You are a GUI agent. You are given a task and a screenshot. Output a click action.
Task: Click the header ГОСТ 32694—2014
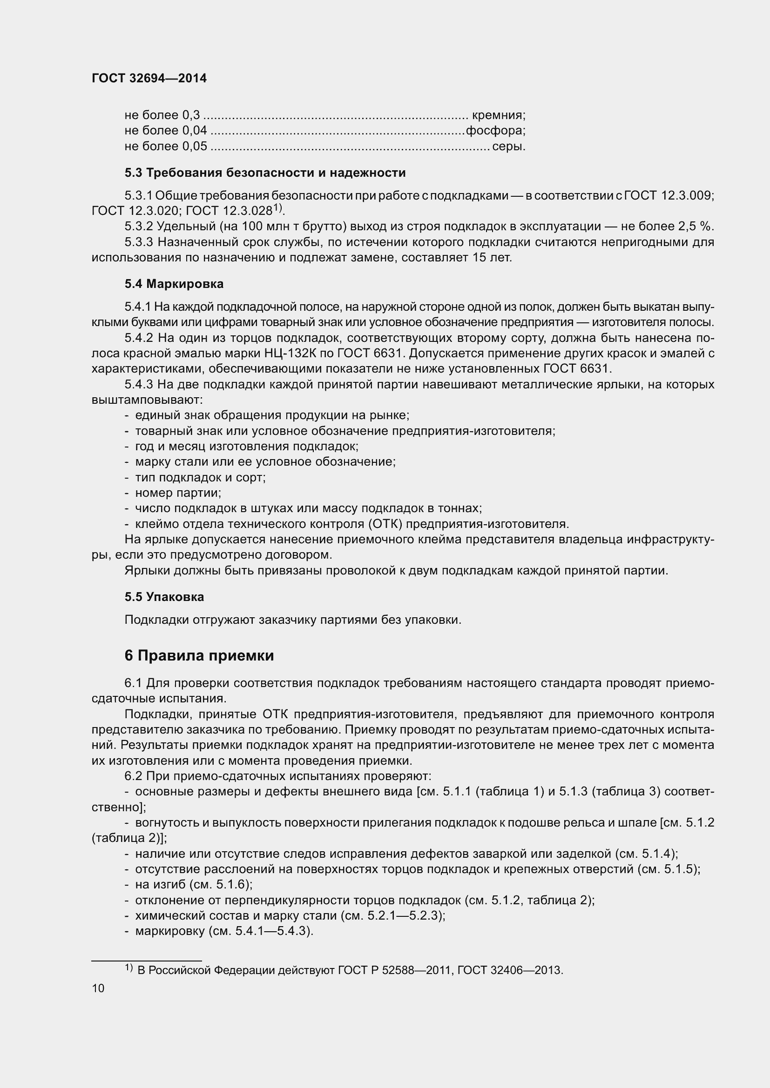point(149,79)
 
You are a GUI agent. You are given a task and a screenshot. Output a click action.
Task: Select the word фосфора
point(495,130)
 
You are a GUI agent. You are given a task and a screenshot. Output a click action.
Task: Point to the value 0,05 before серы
point(195,146)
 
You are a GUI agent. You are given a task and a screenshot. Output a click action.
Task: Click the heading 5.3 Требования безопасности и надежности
point(265,173)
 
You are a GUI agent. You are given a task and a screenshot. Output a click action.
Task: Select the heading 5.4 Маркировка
point(174,284)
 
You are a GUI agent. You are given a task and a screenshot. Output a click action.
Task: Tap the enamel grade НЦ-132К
point(290,353)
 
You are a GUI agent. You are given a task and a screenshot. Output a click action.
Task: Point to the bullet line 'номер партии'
point(178,493)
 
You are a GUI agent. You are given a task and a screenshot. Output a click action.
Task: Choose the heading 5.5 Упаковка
point(164,597)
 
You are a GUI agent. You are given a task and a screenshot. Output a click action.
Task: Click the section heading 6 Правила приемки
point(199,655)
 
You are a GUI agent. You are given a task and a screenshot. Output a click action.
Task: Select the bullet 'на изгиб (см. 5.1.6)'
point(194,885)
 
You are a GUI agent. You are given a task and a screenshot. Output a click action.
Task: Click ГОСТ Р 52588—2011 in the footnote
point(395,970)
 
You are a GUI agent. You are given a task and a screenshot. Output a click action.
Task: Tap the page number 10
point(98,988)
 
